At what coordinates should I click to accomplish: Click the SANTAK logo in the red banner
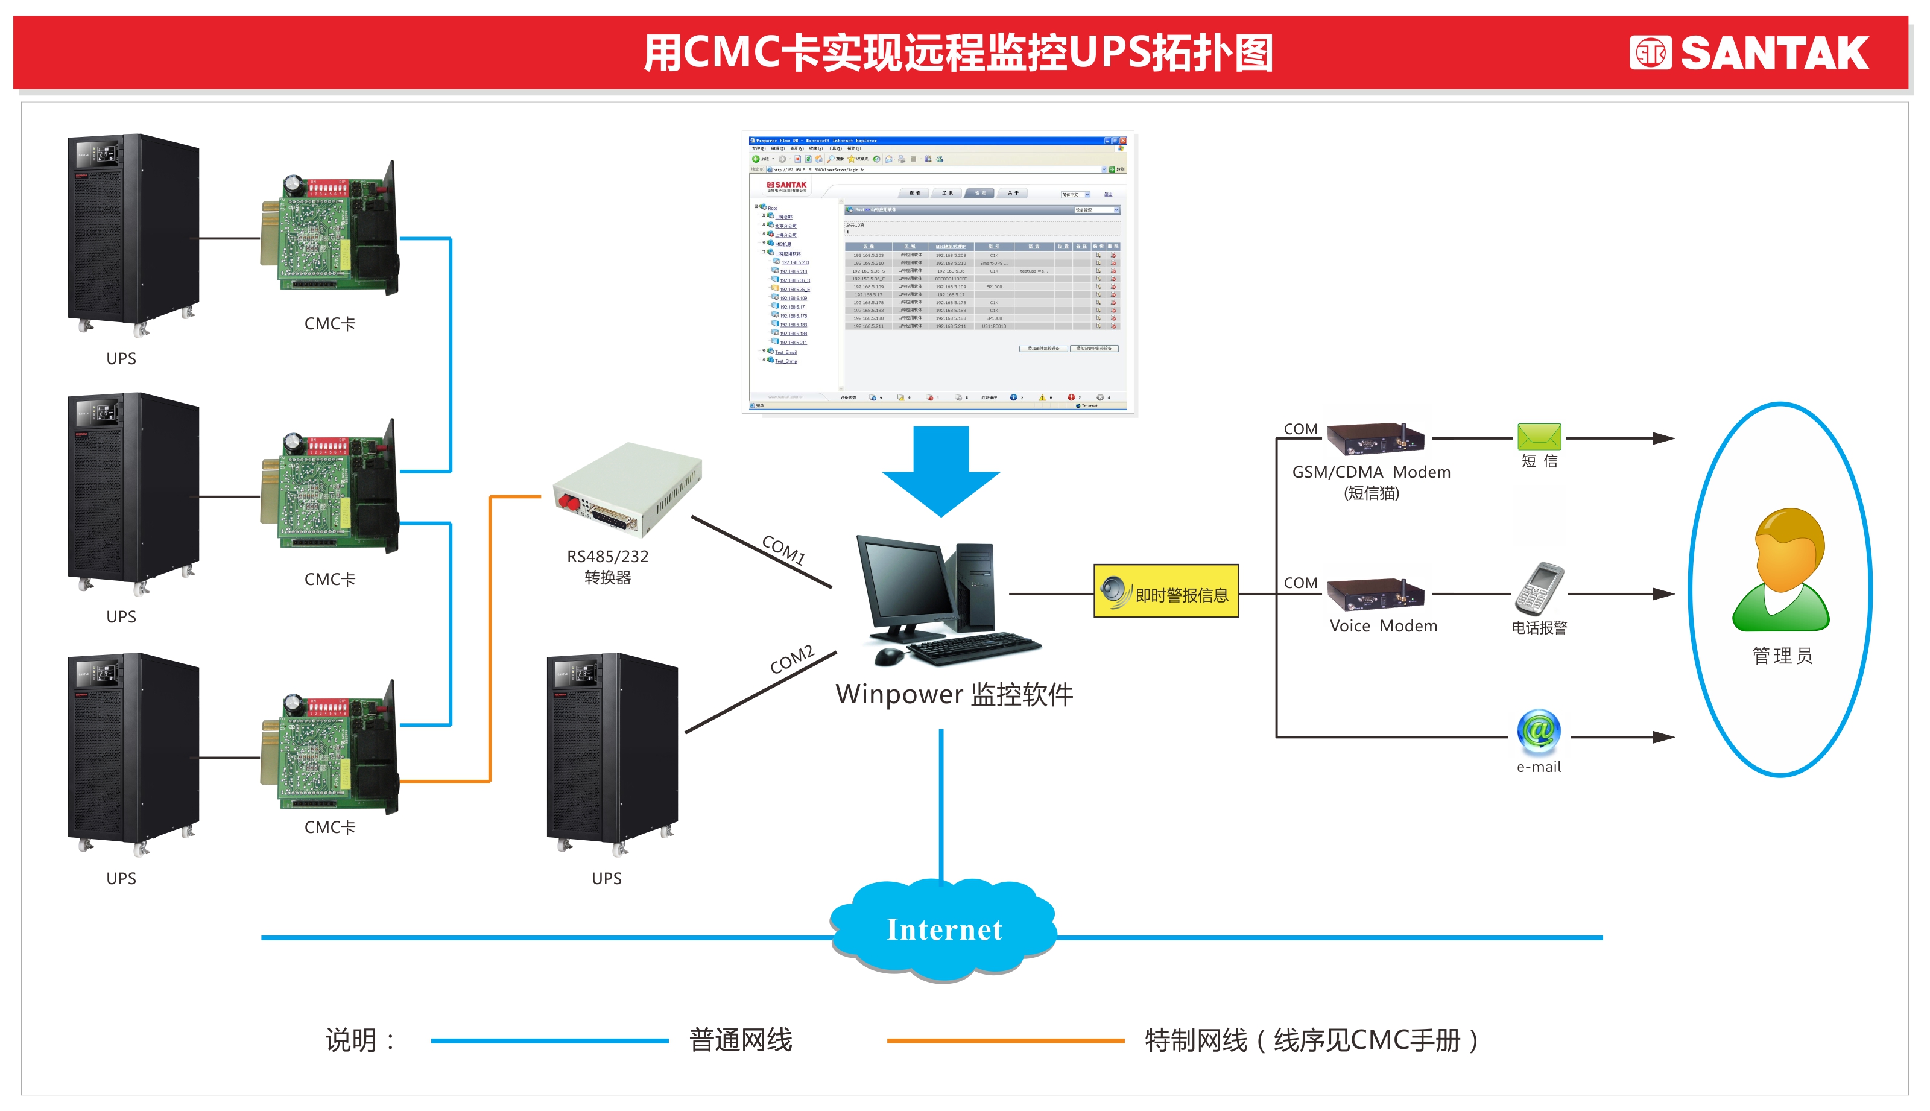pyautogui.click(x=1748, y=54)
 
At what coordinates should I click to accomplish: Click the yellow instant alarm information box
pyautogui.click(x=1166, y=591)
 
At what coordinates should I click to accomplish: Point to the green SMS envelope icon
pyautogui.click(x=1539, y=437)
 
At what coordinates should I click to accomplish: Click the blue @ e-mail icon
pyautogui.click(x=1539, y=730)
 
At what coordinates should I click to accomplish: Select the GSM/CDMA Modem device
pyautogui.click(x=1375, y=438)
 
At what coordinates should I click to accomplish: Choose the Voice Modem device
pyautogui.click(x=1375, y=593)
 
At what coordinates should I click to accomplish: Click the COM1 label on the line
pyautogui.click(x=783, y=549)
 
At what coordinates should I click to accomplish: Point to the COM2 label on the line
pyautogui.click(x=792, y=659)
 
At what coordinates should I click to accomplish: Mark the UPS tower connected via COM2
pyautogui.click(x=612, y=752)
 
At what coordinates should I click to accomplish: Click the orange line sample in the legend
pyautogui.click(x=1005, y=1040)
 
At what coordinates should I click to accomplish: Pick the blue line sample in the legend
pyautogui.click(x=549, y=1040)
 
